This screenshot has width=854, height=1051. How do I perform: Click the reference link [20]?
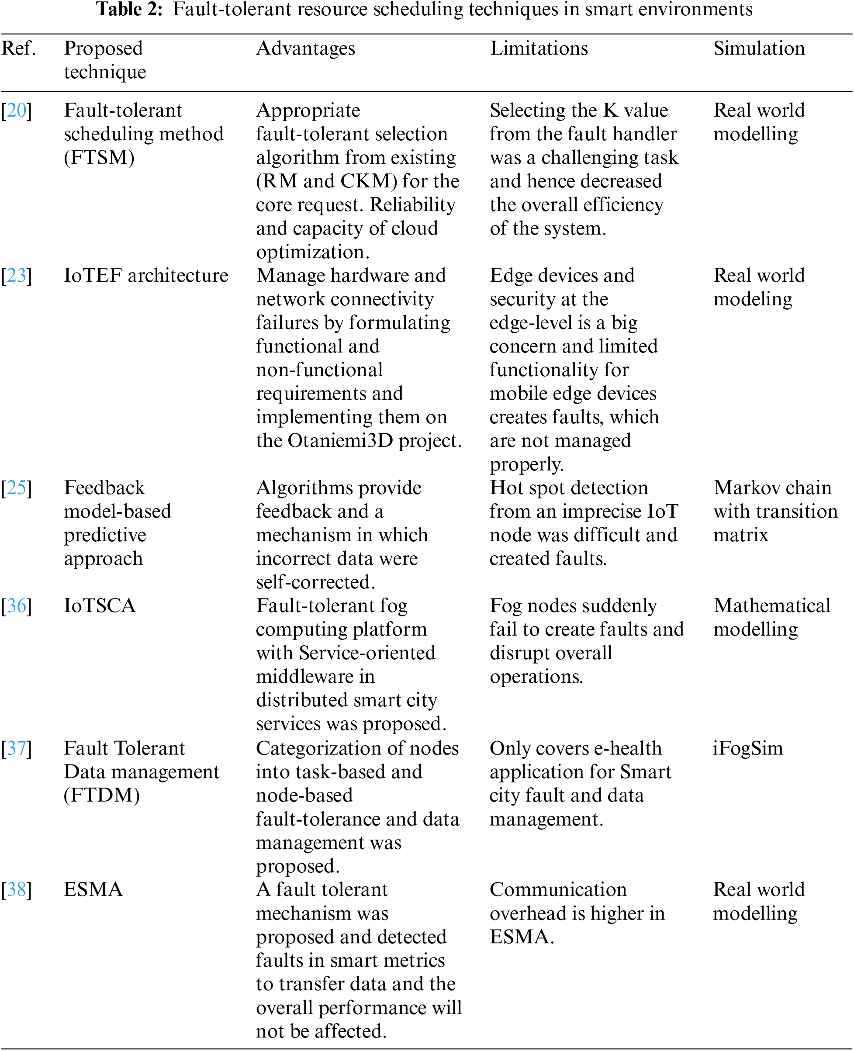[x=16, y=111]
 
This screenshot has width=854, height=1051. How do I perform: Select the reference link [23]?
[x=16, y=276]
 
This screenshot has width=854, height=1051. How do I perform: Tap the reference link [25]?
[x=16, y=488]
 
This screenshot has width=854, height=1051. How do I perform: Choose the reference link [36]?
[x=16, y=606]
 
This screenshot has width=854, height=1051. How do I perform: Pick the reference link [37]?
[x=16, y=749]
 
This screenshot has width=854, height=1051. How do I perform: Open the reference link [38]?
[x=16, y=890]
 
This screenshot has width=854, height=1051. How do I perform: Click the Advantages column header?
[x=305, y=48]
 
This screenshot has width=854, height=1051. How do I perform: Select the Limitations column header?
[x=539, y=48]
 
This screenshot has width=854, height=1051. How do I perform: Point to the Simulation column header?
[x=759, y=48]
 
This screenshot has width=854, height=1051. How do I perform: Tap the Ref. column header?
[x=19, y=48]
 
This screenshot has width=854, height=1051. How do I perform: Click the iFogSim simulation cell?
[x=748, y=749]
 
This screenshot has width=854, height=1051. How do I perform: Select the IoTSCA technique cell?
[x=100, y=606]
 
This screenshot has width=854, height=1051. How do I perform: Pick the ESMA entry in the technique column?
[x=93, y=890]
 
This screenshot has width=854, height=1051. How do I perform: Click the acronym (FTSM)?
[x=99, y=158]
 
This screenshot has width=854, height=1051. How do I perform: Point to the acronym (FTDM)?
[x=102, y=796]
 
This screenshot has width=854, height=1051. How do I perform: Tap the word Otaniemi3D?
[x=340, y=441]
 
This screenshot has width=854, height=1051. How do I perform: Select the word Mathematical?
[x=772, y=606]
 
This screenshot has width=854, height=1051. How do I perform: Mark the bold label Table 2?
[x=129, y=9]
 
